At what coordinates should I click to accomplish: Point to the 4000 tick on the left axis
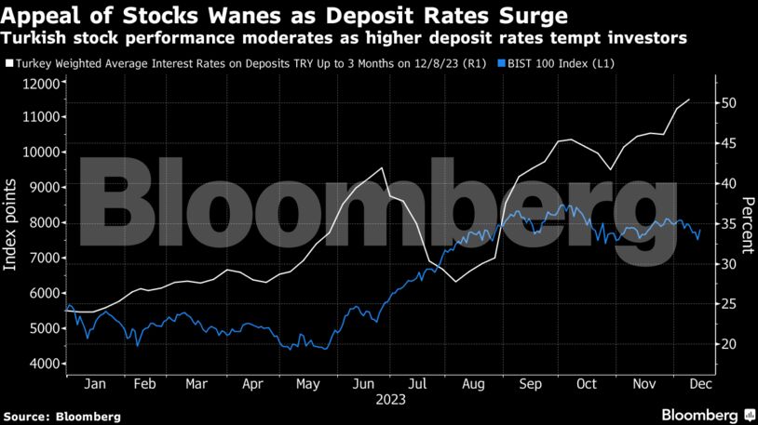click(x=41, y=364)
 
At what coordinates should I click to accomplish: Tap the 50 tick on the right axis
click(x=729, y=103)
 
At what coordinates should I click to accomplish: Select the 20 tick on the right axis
click(x=729, y=344)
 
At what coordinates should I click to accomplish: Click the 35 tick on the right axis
click(x=729, y=224)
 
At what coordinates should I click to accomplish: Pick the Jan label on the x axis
click(x=94, y=382)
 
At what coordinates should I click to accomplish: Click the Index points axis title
click(x=11, y=224)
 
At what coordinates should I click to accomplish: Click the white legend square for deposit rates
click(x=8, y=63)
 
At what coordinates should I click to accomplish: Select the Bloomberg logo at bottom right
click(x=705, y=413)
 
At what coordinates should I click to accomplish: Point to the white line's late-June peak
click(x=382, y=168)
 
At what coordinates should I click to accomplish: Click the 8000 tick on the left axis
click(x=41, y=222)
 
